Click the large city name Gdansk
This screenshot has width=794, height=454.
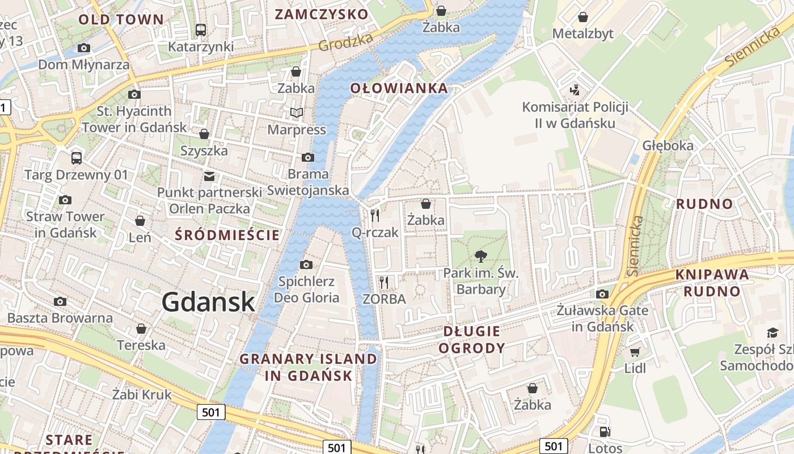tap(208, 302)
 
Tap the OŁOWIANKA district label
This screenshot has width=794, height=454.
tap(399, 88)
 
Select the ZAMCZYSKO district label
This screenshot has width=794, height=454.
tap(322, 14)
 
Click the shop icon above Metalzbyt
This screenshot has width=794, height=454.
tap(582, 18)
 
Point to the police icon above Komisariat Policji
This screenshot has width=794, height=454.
tap(575, 90)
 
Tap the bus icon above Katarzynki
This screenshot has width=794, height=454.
tap(200, 30)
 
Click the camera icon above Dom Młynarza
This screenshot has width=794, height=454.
tap(84, 48)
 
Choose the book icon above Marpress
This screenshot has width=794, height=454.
tap(297, 112)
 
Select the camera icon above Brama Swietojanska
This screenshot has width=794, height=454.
tap(307, 157)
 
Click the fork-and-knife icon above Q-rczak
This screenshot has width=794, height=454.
tap(375, 215)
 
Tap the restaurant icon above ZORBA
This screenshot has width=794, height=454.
tap(384, 281)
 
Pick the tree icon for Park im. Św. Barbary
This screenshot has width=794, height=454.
tap(480, 256)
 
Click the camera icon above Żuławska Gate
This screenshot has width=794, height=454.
tap(602, 294)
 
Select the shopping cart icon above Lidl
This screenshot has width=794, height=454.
tap(635, 352)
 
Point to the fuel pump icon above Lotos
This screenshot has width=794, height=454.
tap(605, 432)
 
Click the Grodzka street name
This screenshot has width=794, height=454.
tap(345, 41)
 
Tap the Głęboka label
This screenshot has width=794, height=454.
tap(668, 145)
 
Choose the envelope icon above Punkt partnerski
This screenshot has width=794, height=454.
tap(209, 176)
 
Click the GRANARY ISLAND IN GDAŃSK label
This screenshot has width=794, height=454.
tap(308, 367)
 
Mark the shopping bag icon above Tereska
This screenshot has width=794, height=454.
tap(141, 329)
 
